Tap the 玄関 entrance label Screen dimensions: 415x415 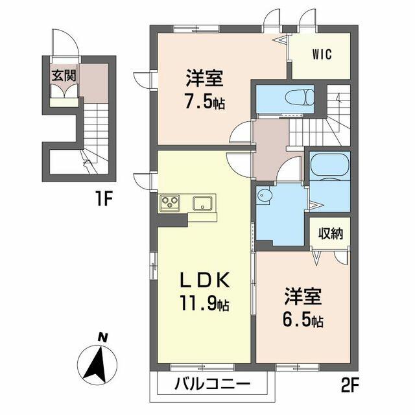coord(65,75)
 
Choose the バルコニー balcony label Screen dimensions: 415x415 coord(211,383)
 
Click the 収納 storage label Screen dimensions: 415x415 coord(329,233)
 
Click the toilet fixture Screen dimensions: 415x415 coord(302,99)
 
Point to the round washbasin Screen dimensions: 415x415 coord(265,196)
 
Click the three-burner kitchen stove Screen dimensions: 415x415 coord(171,203)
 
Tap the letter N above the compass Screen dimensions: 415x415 coord(101,337)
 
